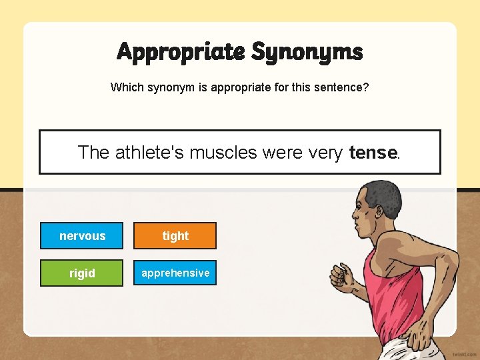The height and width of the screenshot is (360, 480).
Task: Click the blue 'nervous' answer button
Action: click(82, 236)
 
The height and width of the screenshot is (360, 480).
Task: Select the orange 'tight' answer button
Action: click(175, 236)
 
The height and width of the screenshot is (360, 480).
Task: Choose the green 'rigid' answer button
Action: click(82, 273)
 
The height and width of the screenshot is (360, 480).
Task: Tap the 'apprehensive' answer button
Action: click(175, 273)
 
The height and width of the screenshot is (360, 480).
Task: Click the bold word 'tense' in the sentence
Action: click(373, 153)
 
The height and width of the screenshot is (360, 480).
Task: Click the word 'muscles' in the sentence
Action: click(223, 153)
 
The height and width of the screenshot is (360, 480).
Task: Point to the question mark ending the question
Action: click(366, 87)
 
